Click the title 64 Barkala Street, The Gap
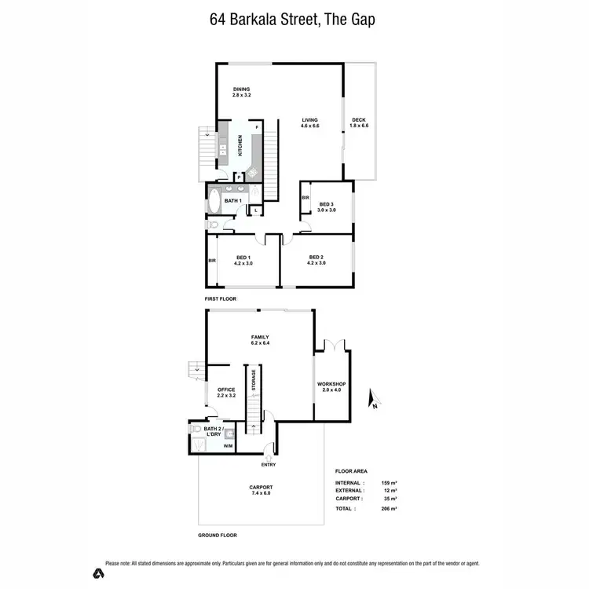293,19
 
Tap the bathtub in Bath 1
214,202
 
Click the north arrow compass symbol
375,400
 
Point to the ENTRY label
269,464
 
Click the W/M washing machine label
228,447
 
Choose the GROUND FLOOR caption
218,535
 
